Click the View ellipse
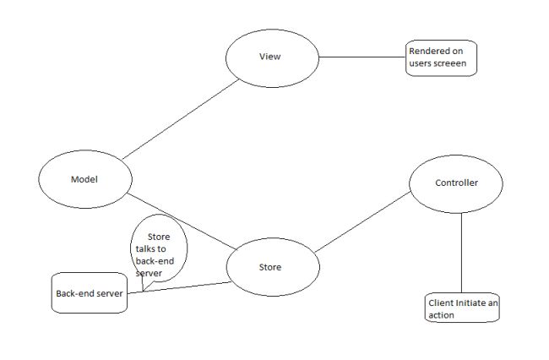coord(269,57)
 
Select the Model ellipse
coord(85,178)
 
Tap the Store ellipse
coord(273,267)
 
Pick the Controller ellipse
coord(456,183)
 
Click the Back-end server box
coord(89,293)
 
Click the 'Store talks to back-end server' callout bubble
coord(159,250)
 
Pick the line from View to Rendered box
coord(359,57)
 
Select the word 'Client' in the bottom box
coord(439,303)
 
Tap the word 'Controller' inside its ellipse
coord(456,183)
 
